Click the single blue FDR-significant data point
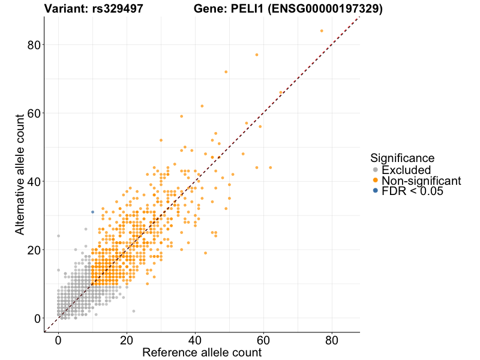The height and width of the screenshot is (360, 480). (92, 212)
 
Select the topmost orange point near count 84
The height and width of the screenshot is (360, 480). (322, 31)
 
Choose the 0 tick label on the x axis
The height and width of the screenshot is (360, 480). (58, 340)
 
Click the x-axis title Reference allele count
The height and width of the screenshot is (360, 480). (202, 352)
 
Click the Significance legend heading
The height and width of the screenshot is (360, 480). (402, 158)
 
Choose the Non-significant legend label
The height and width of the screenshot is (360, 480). (421, 181)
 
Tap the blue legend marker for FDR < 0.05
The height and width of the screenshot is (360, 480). (376, 191)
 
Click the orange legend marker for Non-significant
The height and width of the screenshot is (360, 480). (376, 181)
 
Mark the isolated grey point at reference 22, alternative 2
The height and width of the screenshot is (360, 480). (133, 311)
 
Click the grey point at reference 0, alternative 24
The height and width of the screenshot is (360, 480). (58, 236)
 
